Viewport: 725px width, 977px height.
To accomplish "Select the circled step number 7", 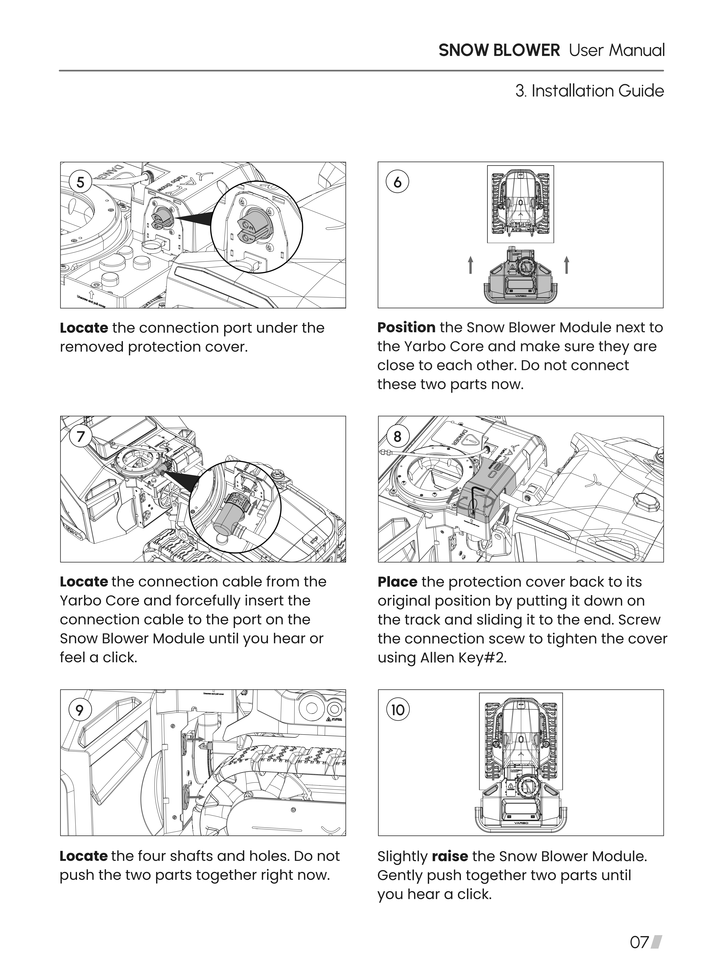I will coord(80,437).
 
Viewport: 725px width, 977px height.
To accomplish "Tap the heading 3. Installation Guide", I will coord(589,91).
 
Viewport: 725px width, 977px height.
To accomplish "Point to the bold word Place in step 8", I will coord(397,582).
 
